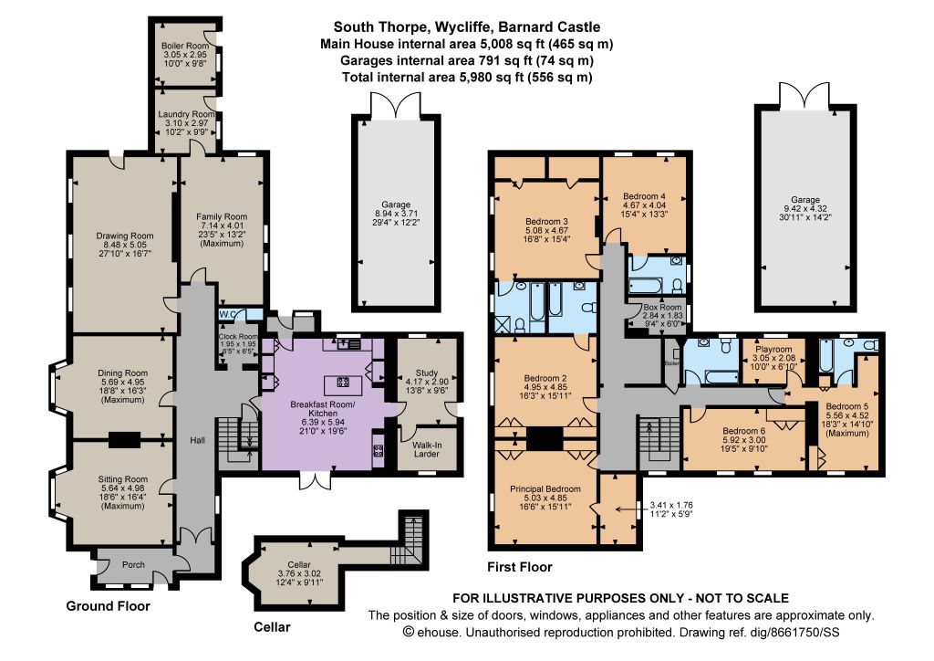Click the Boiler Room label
pyautogui.click(x=185, y=46)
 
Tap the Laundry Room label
pyautogui.click(x=186, y=114)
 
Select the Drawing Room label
pyautogui.click(x=125, y=236)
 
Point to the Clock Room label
pyautogui.click(x=238, y=336)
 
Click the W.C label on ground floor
pyautogui.click(x=227, y=314)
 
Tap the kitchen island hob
pyautogui.click(x=343, y=382)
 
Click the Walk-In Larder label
pyautogui.click(x=427, y=449)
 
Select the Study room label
pyautogui.click(x=427, y=372)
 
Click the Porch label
pyautogui.click(x=133, y=564)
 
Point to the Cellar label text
pyautogui.click(x=299, y=564)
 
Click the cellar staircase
pyautogui.click(x=408, y=540)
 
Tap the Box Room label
pyautogui.click(x=662, y=307)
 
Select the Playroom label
pyautogui.click(x=773, y=350)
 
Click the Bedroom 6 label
pyautogui.click(x=744, y=431)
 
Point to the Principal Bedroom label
pyautogui.click(x=545, y=488)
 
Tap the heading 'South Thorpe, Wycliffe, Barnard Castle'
pyautogui.click(x=466, y=26)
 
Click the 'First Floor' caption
pyautogui.click(x=519, y=567)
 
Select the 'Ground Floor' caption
pyautogui.click(x=108, y=606)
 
